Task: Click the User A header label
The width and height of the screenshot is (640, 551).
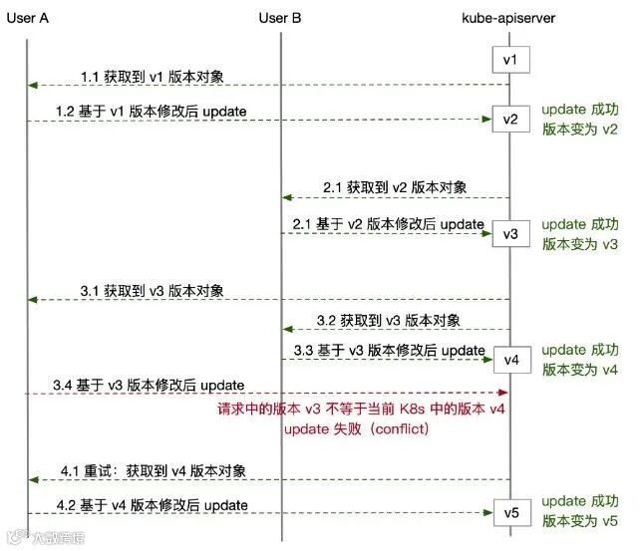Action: (x=29, y=17)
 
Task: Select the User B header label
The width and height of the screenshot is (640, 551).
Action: (x=279, y=17)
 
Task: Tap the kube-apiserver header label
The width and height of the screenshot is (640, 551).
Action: (x=508, y=17)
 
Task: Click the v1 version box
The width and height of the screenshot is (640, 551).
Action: (x=510, y=61)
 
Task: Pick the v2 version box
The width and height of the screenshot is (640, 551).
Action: (x=510, y=120)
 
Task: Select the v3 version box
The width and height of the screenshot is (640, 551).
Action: (x=510, y=234)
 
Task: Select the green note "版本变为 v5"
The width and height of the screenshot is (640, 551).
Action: (x=580, y=521)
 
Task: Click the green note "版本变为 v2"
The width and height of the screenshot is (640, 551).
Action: (x=580, y=129)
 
